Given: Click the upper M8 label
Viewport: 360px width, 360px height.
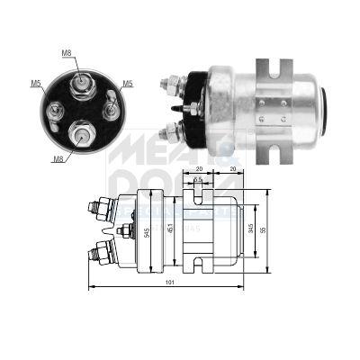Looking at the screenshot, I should [x=67, y=52].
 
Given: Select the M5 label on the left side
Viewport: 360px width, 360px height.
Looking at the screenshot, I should [x=36, y=85].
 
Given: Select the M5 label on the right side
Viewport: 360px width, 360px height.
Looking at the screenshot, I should [x=128, y=85].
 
